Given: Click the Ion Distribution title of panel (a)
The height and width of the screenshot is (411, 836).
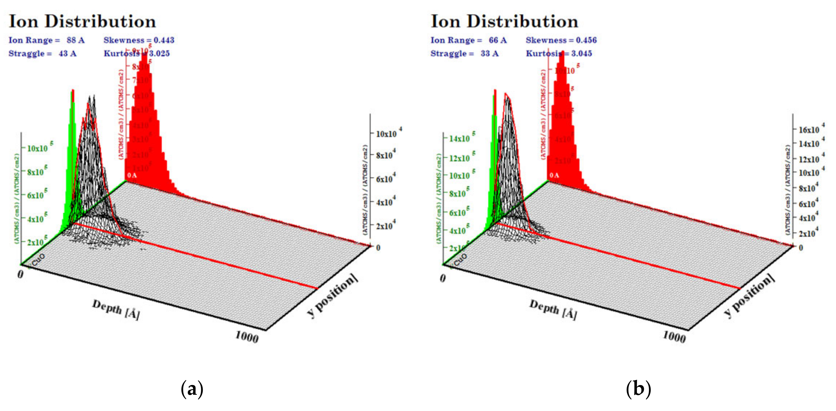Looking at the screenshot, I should pyautogui.click(x=82, y=21).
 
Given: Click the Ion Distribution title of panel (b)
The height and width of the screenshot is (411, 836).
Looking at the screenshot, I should pyautogui.click(x=504, y=21).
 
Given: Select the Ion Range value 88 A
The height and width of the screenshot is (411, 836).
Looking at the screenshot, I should pyautogui.click(x=75, y=40).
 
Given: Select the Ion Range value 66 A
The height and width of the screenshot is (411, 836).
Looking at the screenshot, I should pyautogui.click(x=497, y=40).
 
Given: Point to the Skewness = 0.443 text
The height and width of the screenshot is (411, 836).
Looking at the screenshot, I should pyautogui.click(x=139, y=40).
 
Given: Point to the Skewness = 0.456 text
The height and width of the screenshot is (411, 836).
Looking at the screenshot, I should pyautogui.click(x=561, y=40).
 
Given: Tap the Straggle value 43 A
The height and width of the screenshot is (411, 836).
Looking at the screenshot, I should pyautogui.click(x=67, y=53).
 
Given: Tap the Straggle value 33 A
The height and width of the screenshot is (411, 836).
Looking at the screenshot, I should pyautogui.click(x=489, y=53).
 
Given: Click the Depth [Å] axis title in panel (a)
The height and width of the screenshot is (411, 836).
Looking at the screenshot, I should pyautogui.click(x=116, y=309).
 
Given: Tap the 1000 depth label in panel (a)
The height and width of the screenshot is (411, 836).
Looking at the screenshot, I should pyautogui.click(x=247, y=337).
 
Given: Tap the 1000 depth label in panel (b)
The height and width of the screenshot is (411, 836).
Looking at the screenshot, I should pyautogui.click(x=674, y=337).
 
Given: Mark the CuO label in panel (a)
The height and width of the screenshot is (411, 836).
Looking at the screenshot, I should pyautogui.click(x=38, y=259).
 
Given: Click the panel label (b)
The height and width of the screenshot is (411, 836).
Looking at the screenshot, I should pyautogui.click(x=638, y=388).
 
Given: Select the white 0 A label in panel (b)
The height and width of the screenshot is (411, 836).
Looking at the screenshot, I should pyautogui.click(x=554, y=176).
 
